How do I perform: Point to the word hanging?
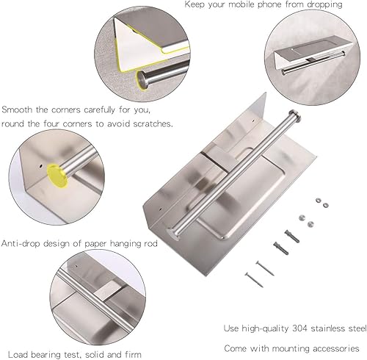pyautogui.click(x=137, y=243)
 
